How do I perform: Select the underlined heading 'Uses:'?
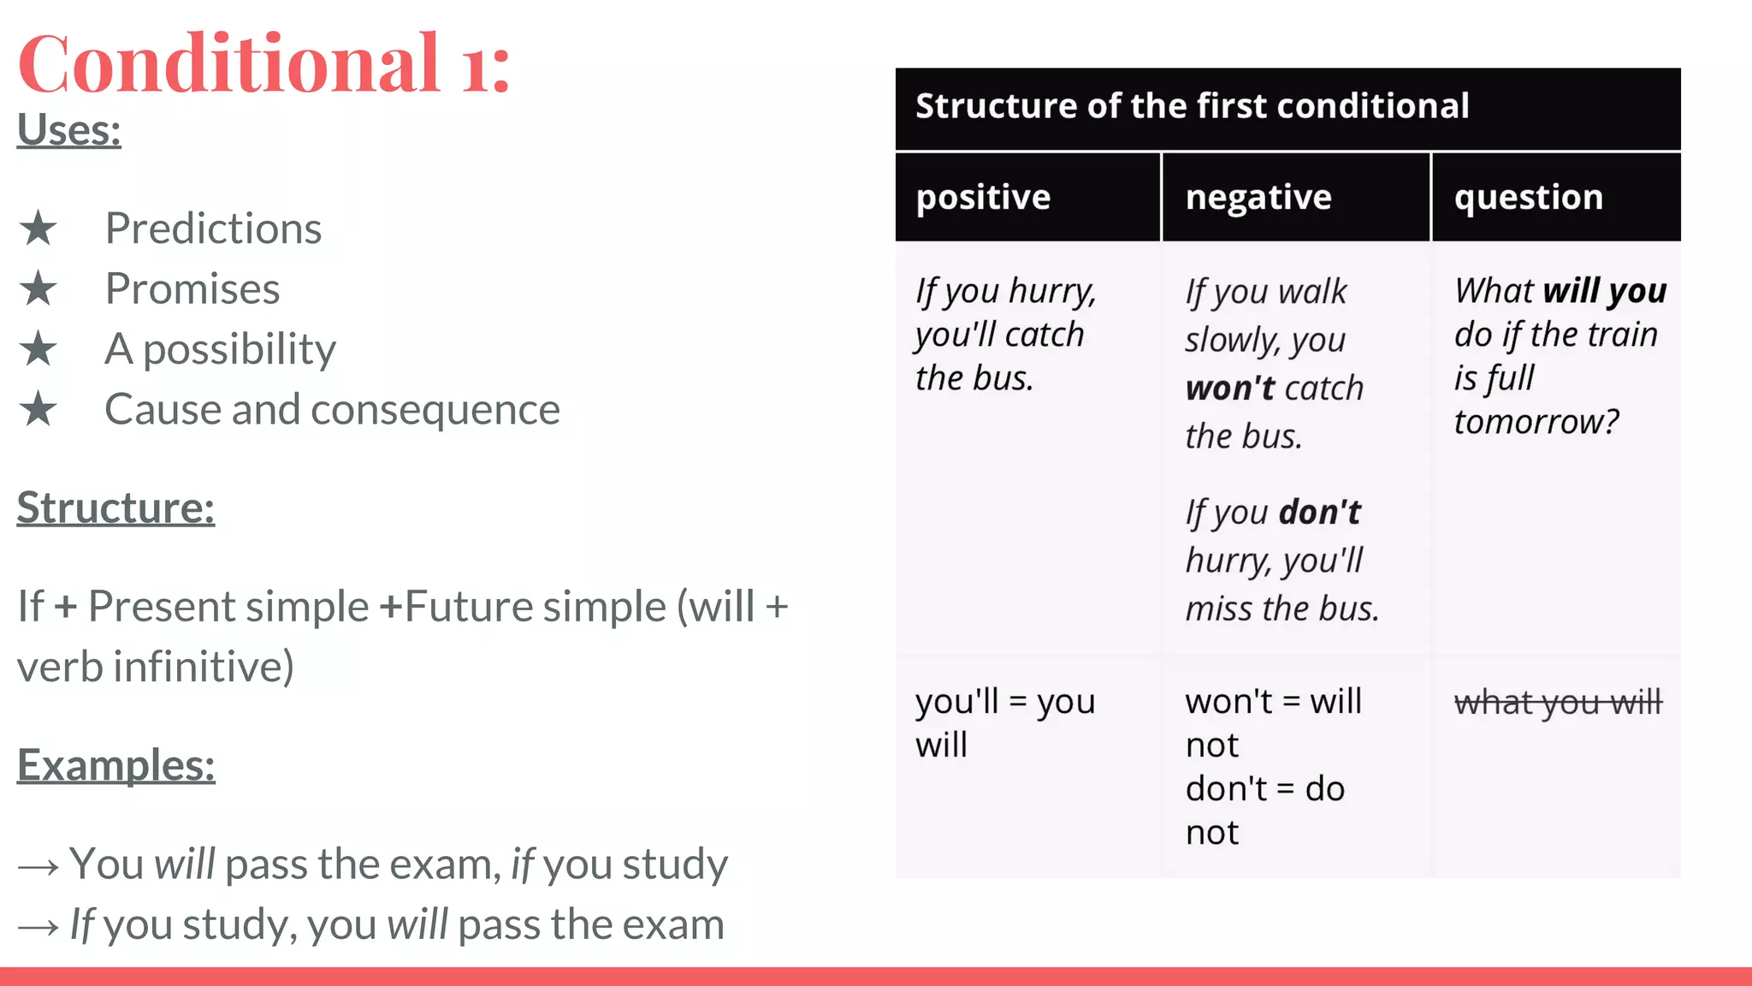tap(69, 131)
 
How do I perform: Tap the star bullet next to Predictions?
tap(38, 229)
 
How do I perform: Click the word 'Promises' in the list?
tap(192, 289)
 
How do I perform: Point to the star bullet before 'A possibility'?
tap(38, 349)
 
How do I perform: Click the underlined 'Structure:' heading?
tap(115, 508)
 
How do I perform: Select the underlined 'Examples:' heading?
tap(115, 765)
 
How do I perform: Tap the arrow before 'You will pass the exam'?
tap(38, 867)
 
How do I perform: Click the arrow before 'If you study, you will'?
tap(38, 927)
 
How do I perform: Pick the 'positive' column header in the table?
tap(983, 198)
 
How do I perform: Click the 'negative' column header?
tap(1258, 198)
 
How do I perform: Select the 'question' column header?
tap(1529, 198)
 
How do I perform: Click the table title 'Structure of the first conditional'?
tap(1192, 106)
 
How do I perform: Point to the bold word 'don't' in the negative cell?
tap(1319, 513)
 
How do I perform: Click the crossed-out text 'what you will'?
tap(1558, 703)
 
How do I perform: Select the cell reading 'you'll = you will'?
tap(1004, 723)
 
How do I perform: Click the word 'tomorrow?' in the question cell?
tap(1536, 422)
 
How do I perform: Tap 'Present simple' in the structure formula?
tap(228, 607)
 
